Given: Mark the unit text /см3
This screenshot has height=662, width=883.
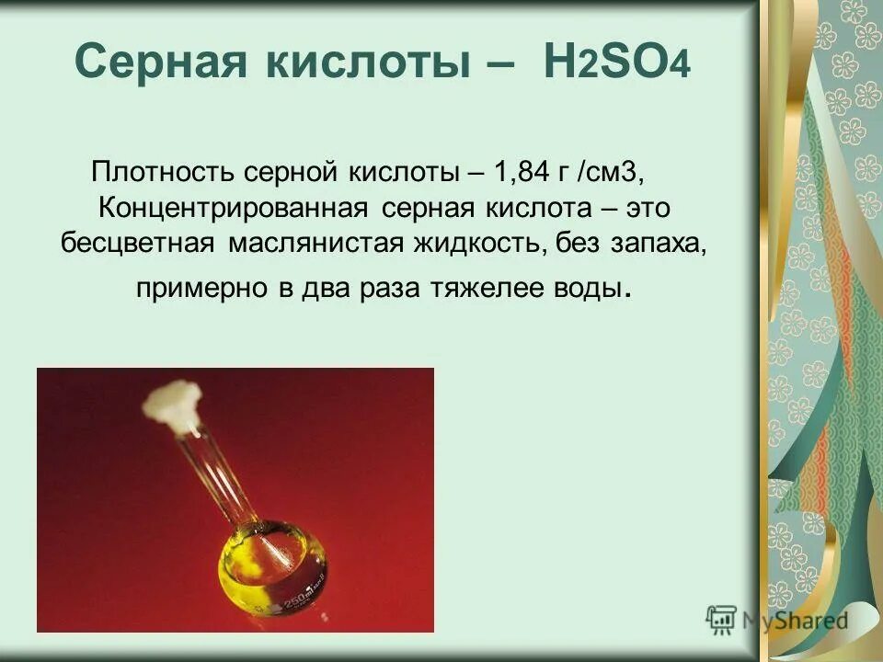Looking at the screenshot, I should point(624,172).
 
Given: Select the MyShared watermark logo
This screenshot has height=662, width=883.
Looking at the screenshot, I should point(777,619).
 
